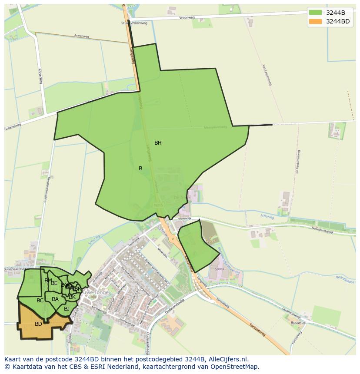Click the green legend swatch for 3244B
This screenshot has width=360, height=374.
315,13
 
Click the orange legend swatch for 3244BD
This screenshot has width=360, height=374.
315,21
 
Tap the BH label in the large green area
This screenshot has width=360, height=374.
158,143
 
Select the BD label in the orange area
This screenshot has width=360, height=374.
38,324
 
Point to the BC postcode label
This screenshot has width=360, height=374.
40,301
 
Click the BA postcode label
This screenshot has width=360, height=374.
55,299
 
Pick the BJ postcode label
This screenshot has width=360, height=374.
67,309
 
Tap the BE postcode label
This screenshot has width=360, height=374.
54,283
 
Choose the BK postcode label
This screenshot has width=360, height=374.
72,297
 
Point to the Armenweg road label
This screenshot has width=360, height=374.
81,36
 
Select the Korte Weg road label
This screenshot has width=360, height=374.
40,76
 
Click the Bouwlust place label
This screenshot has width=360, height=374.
299,323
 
